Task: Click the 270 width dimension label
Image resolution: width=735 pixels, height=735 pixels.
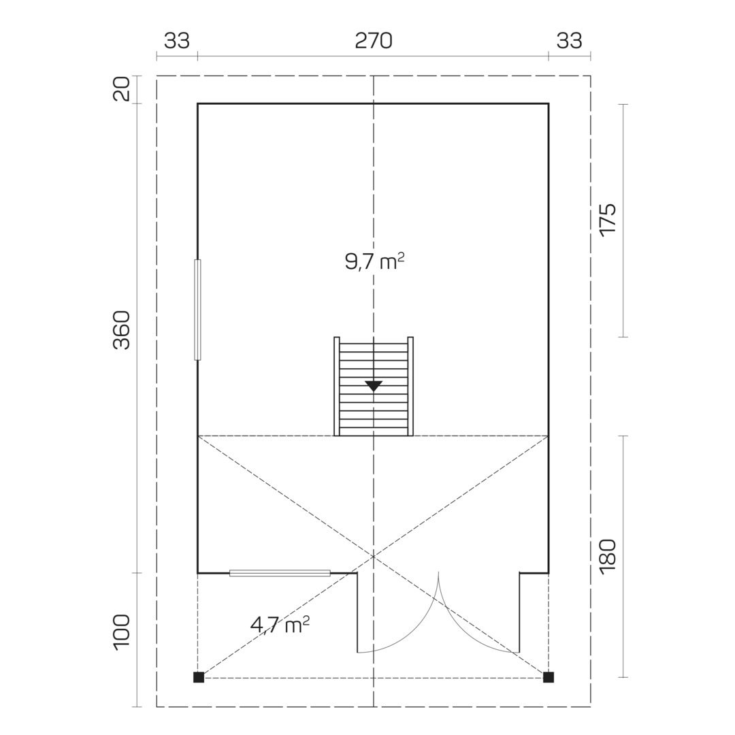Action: point(374,42)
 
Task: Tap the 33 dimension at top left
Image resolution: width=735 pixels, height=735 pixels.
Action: point(177,42)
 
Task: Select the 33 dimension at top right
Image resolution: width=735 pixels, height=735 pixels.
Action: point(569,42)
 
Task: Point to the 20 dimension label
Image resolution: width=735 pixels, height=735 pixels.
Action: point(121,89)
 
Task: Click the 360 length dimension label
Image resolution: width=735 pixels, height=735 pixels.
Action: point(121,330)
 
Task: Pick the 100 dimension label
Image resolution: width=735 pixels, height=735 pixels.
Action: point(121,632)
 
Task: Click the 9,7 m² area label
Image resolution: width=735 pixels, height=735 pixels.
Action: point(374,261)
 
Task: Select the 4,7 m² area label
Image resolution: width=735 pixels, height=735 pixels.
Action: point(280,624)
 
